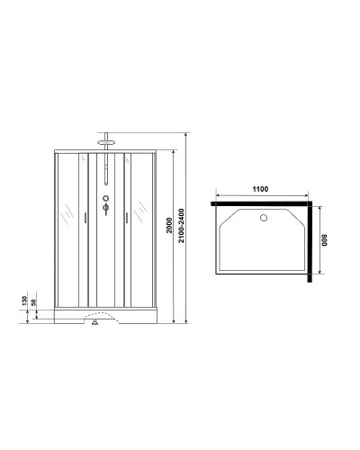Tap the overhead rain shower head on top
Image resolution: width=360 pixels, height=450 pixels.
pos(107,140)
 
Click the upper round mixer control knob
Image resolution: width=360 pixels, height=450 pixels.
pos(106,200)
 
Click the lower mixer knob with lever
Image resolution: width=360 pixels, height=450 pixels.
pos(106,211)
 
